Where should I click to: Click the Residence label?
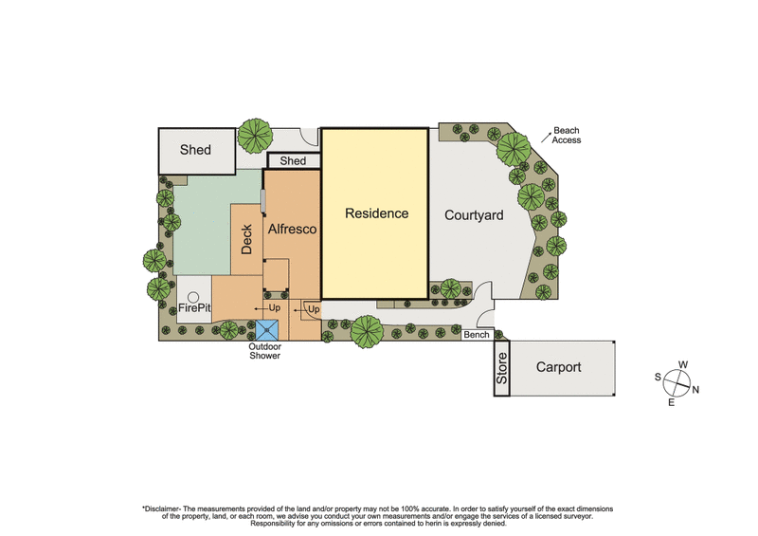click(376, 213)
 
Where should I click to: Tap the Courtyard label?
click(474, 215)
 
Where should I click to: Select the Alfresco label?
click(292, 229)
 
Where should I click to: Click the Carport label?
click(558, 367)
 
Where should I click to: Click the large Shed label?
click(195, 150)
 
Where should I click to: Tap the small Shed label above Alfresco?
click(293, 161)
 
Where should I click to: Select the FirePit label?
click(193, 307)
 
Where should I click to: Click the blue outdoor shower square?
click(267, 330)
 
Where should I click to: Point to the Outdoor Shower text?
click(265, 351)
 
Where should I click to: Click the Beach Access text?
click(568, 135)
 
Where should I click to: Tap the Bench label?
click(476, 335)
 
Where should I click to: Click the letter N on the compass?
click(695, 390)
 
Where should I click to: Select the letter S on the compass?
click(658, 377)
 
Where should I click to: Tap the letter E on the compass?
click(671, 403)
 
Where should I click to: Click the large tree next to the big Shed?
click(254, 136)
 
